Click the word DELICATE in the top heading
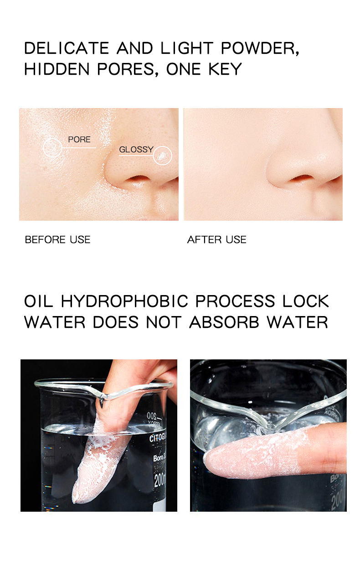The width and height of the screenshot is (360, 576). click(67, 48)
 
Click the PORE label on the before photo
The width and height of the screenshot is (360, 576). click(79, 140)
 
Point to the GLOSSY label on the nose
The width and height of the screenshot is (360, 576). click(136, 150)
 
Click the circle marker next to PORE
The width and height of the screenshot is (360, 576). click(53, 147)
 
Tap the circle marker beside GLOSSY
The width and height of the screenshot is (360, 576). click(162, 155)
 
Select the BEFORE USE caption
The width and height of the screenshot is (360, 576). click(57, 240)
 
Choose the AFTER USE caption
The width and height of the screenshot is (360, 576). click(216, 240)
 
